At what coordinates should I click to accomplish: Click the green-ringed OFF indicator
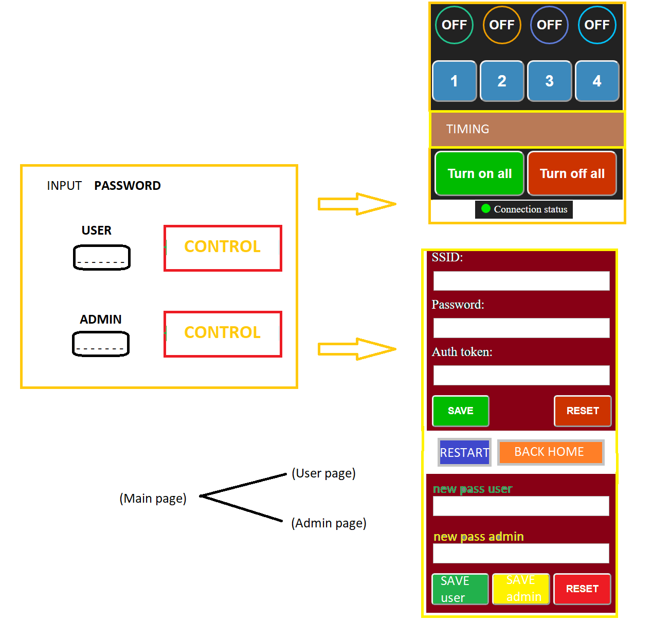[x=454, y=25]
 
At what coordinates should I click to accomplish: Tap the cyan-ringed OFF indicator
[x=596, y=25]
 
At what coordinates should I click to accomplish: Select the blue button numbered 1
[x=454, y=81]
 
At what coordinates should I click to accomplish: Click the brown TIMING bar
[x=527, y=129]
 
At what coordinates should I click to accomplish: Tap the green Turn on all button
[x=479, y=173]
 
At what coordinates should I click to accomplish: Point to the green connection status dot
[x=485, y=208]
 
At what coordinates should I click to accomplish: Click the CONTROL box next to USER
[x=223, y=248]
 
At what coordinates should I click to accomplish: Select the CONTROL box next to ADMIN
[x=223, y=334]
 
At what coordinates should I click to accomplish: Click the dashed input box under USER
[x=102, y=257]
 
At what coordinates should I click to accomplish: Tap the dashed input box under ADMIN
[x=101, y=344]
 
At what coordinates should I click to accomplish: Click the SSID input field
[x=521, y=281]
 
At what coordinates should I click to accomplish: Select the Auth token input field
[x=521, y=375]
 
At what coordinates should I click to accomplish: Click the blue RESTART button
[x=464, y=452]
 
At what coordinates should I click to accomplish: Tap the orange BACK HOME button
[x=550, y=452]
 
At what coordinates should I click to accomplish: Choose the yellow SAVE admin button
[x=521, y=589]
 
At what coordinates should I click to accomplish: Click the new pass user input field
[x=520, y=506]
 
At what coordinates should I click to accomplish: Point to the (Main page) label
[x=153, y=498]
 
